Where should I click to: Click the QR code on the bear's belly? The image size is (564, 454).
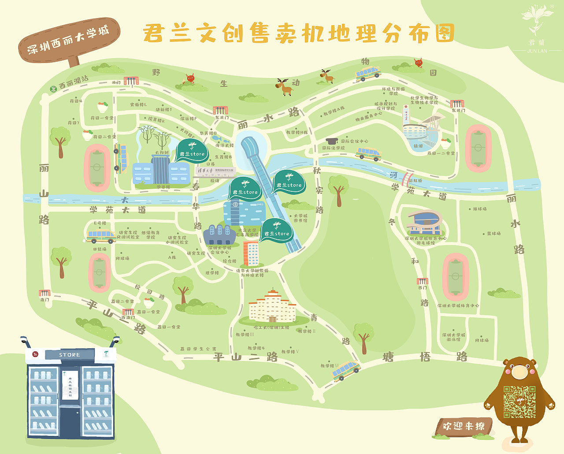point(519,402)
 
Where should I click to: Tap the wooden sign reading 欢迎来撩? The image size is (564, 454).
point(462,426)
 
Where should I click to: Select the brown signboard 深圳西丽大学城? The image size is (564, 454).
point(69,40)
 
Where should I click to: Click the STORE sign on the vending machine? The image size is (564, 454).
point(70,354)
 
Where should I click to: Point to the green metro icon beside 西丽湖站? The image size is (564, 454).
point(53,89)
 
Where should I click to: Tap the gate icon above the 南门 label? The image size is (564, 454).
point(45,293)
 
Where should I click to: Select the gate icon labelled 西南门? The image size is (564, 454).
point(128,312)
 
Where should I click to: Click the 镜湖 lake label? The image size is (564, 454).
point(418,146)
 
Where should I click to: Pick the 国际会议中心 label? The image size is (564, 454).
point(354,141)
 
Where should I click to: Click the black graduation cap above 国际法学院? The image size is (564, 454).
point(331,141)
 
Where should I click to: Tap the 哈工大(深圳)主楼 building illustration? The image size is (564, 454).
point(272,306)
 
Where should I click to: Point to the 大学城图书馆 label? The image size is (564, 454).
point(301,218)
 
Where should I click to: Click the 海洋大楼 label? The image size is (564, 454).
point(224,145)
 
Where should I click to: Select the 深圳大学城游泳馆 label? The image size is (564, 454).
point(453,337)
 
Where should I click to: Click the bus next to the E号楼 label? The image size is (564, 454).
point(101,237)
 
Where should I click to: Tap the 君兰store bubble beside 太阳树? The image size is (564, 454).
point(192,152)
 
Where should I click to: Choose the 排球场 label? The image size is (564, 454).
point(479,209)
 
